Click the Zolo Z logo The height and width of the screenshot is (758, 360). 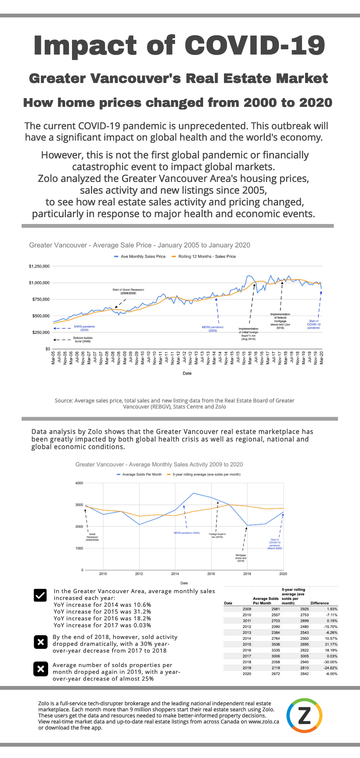(x=304, y=716)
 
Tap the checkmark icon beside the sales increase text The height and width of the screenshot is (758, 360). (x=40, y=595)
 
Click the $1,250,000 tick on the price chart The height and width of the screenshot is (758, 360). (x=39, y=266)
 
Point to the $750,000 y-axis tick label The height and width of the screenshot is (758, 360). (x=39, y=299)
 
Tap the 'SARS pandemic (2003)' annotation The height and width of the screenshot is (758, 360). (x=84, y=328)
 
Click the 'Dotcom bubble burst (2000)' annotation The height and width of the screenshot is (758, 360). (x=83, y=340)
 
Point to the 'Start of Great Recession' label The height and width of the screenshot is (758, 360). (x=128, y=291)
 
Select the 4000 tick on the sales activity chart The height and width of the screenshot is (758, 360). (x=79, y=483)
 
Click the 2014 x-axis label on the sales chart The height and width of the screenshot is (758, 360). (x=175, y=574)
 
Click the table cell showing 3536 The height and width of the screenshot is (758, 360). (x=275, y=644)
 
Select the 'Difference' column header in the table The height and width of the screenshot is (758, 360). (x=319, y=603)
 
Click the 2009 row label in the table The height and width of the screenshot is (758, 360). (x=247, y=609)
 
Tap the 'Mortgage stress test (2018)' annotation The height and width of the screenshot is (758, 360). (x=241, y=558)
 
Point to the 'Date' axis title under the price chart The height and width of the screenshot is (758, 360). (x=187, y=373)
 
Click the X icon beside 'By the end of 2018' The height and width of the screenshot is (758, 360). (x=41, y=642)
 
